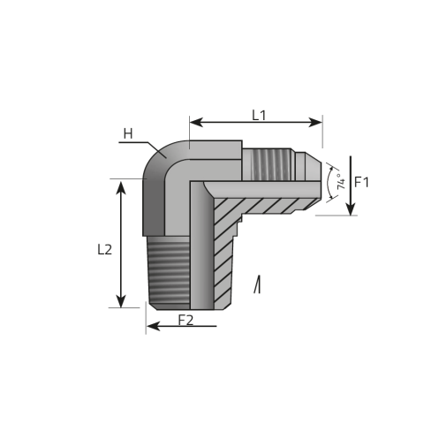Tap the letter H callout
tap(128, 134)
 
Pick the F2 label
tap(185, 320)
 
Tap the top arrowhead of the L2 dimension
tap(121, 184)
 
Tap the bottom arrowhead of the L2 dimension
tap(121, 302)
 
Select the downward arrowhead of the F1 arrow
tap(350, 208)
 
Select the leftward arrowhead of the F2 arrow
tap(152, 326)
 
